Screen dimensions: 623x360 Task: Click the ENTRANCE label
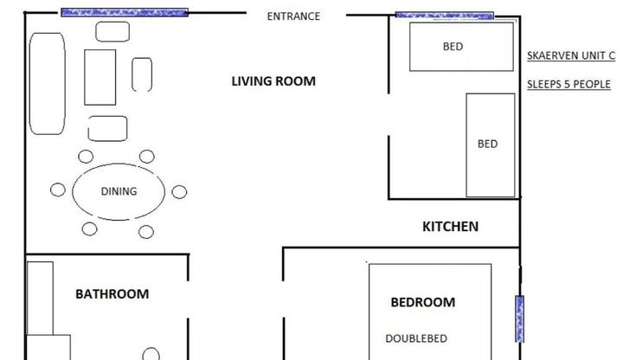(293, 16)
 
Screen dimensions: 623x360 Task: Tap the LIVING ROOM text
(273, 81)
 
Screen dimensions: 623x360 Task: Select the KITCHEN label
(450, 227)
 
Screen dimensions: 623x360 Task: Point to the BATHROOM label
(112, 294)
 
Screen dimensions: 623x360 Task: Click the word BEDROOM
(423, 302)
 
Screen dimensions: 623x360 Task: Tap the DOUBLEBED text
(416, 338)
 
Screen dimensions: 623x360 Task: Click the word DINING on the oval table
(119, 191)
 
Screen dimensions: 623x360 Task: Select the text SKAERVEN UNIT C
(571, 55)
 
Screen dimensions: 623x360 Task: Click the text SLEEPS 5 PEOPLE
(568, 84)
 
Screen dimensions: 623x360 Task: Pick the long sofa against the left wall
(48, 84)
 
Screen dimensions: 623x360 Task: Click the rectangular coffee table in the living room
(100, 78)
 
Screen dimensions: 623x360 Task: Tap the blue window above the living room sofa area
(125, 12)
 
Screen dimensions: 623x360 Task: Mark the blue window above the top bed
(445, 16)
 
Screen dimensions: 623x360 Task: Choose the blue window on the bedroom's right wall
(519, 318)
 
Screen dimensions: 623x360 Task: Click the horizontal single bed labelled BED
(461, 47)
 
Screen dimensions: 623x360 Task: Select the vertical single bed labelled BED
(491, 145)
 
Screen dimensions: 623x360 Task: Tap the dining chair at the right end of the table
(179, 192)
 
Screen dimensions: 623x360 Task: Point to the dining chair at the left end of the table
(58, 190)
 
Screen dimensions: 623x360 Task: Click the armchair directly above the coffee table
(112, 32)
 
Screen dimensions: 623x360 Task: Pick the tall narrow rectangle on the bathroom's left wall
(40, 298)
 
